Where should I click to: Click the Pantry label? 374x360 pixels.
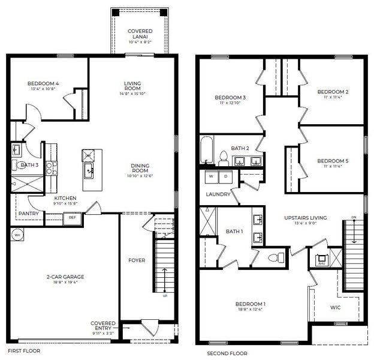point(29,213)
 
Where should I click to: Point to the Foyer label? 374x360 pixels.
point(137,260)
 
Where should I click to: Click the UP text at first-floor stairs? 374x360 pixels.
point(165,295)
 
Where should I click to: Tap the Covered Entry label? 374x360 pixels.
point(103,326)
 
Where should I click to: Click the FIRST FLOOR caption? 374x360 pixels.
point(23,350)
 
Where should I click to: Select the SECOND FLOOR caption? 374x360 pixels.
point(227,353)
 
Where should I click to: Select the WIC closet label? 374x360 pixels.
point(336,308)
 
